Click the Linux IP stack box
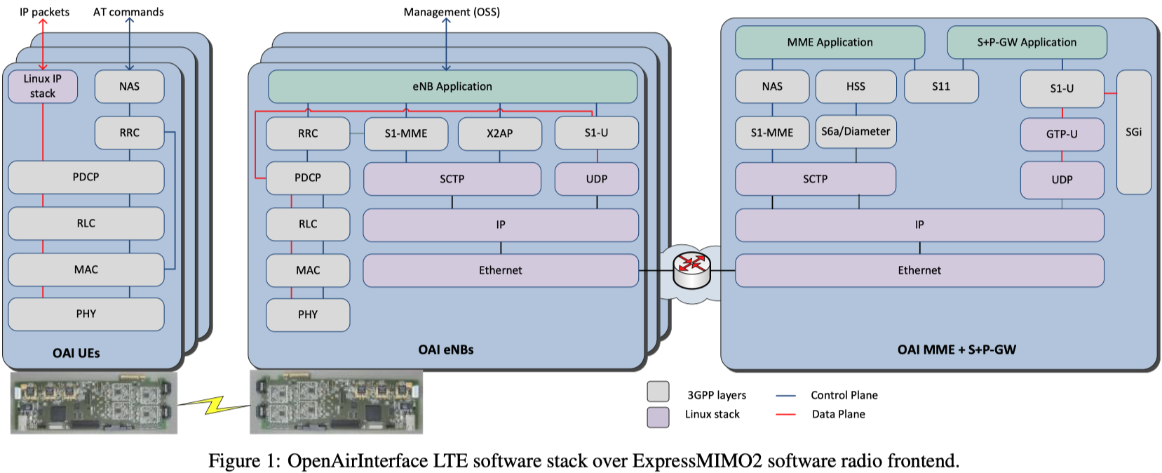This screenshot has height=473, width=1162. click(42, 86)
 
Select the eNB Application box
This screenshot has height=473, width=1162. click(452, 86)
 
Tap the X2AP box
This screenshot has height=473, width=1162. click(499, 133)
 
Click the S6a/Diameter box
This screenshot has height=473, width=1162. click(856, 131)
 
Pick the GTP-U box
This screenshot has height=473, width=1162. click(1062, 134)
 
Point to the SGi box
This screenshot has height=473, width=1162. click(1133, 132)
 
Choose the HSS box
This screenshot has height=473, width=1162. click(856, 86)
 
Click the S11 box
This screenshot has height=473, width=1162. click(940, 86)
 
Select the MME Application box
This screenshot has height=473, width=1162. click(830, 42)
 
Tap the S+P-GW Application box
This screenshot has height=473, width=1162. click(1027, 42)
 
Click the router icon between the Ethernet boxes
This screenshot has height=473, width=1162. click(691, 270)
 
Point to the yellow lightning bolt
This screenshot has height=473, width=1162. click(213, 404)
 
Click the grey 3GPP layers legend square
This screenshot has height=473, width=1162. click(658, 392)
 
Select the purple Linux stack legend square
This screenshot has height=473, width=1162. click(658, 417)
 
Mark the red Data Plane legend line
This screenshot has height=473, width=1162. click(785, 415)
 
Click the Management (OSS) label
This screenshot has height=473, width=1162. click(452, 12)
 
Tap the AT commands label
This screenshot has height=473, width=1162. click(128, 12)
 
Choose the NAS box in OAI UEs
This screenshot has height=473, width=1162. click(129, 86)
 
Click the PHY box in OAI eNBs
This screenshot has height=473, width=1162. click(308, 314)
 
